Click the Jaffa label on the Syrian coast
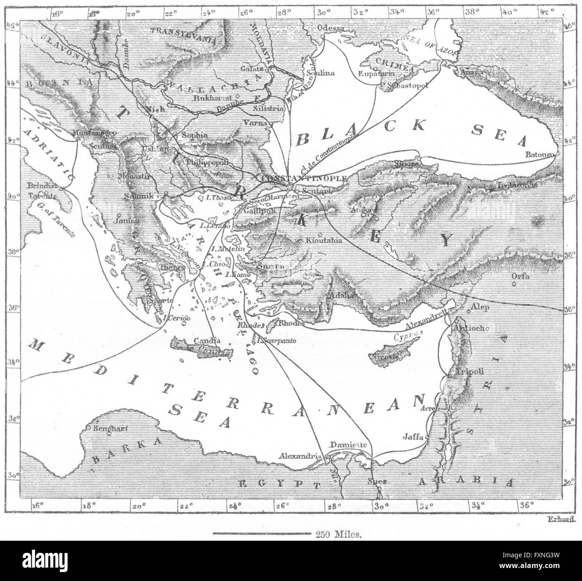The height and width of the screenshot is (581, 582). point(413,437)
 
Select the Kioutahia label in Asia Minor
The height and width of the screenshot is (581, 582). point(324,240)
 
